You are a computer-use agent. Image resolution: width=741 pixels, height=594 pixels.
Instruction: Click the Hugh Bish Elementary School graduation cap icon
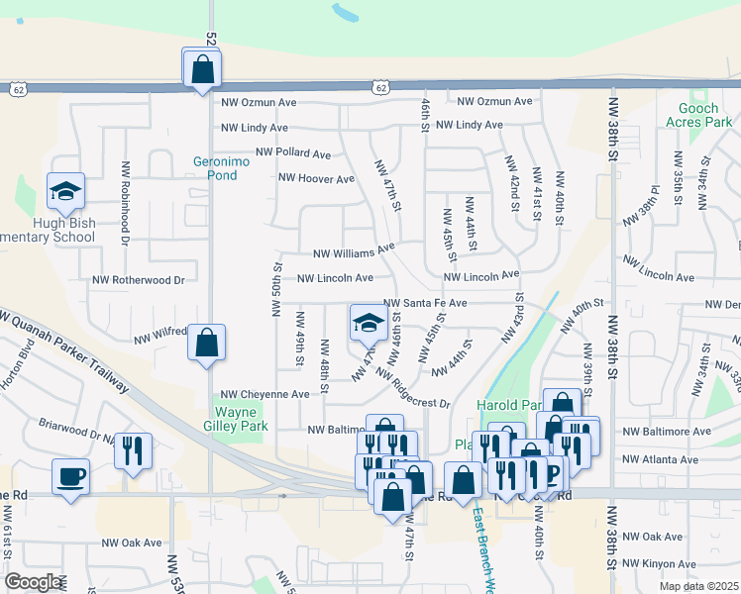[x=66, y=192]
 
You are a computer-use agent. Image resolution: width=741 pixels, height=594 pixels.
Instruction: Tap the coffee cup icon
[x=70, y=477]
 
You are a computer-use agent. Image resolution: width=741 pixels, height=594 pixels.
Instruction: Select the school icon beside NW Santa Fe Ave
[x=369, y=323]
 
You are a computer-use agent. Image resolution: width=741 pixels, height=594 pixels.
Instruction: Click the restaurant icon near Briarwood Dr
[x=133, y=450]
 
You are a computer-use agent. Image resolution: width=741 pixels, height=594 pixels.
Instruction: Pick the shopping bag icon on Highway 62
[x=202, y=69]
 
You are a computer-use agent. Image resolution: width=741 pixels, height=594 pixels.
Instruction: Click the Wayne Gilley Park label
[x=243, y=420]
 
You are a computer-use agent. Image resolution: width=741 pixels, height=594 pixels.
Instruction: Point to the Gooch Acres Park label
[x=705, y=115]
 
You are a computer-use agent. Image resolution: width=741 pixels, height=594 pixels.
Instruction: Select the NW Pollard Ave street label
[x=293, y=153]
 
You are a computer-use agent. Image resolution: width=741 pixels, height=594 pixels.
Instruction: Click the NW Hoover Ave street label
[x=316, y=179]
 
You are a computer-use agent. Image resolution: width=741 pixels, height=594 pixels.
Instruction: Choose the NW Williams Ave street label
[x=354, y=251]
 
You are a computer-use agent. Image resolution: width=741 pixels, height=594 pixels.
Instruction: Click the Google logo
[x=34, y=582]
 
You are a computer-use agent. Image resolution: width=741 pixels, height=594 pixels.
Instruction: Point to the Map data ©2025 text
[x=698, y=586]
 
